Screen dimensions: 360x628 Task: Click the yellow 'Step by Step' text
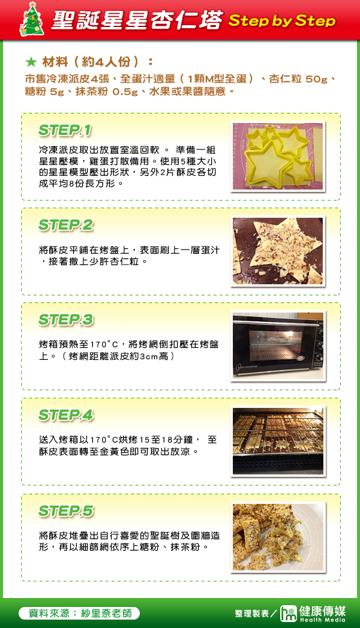282,20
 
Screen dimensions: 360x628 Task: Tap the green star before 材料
31,62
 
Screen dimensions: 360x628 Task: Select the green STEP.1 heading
65,130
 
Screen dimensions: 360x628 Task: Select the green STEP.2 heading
66,225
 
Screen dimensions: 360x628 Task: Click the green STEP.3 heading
66,320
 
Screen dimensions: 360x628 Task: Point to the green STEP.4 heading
66,415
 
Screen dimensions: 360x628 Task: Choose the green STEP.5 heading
66,511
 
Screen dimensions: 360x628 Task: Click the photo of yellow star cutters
278,157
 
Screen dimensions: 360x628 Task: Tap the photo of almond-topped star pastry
278,251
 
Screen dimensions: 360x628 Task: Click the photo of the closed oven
278,346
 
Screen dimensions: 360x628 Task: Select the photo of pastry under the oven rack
278,441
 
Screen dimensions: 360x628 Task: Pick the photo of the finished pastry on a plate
278,537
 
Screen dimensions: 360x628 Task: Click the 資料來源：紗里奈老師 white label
79,613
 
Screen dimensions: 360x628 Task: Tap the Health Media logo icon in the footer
288,614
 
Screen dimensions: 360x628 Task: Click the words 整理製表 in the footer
252,614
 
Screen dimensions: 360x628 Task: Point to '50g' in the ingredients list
316,79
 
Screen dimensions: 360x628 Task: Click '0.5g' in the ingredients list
125,92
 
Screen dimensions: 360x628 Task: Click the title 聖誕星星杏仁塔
137,20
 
